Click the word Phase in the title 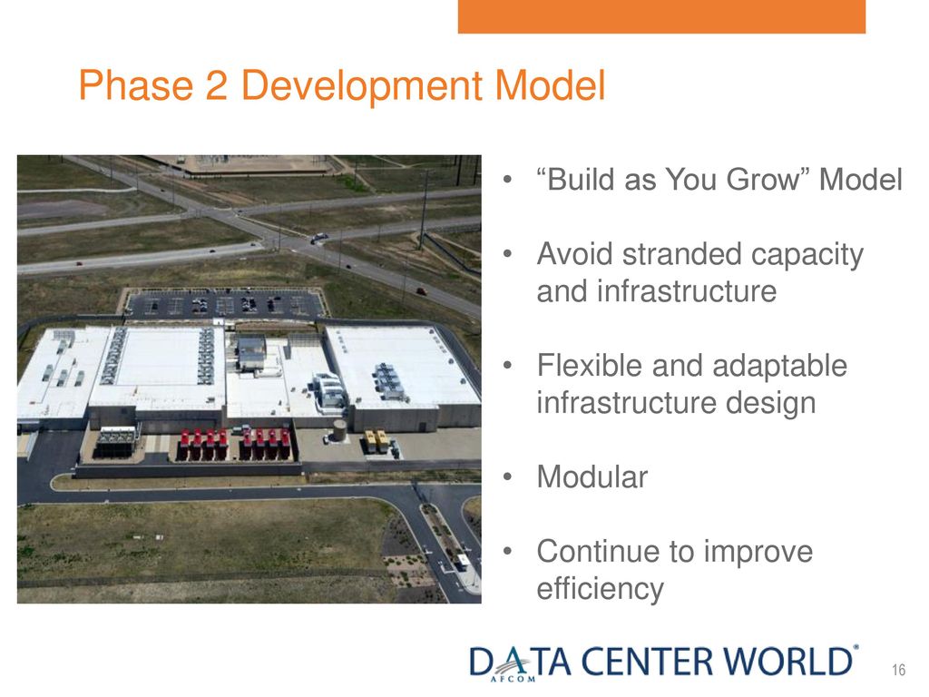136,85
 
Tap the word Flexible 590,365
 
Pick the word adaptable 779,367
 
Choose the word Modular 592,477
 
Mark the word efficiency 601,589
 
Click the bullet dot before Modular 507,477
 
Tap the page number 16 898,671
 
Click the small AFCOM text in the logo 513,679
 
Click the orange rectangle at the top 661,16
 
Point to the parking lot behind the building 225,303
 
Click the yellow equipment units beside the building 376,441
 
